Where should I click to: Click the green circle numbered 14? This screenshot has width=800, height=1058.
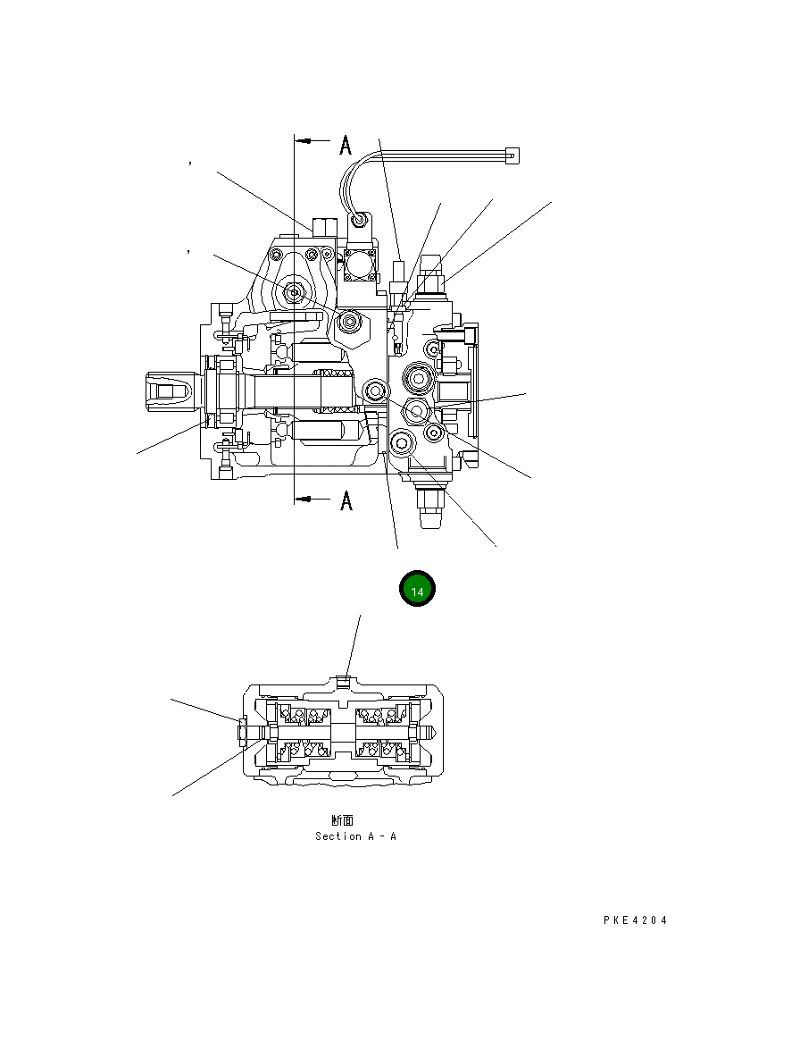point(417,588)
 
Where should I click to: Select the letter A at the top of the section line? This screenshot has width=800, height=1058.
point(346,144)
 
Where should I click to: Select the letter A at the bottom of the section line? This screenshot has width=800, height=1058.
point(346,501)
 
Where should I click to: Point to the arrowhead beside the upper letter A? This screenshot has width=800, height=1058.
point(303,141)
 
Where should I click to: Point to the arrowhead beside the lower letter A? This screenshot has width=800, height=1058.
point(303,500)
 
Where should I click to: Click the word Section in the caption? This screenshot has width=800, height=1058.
point(338,836)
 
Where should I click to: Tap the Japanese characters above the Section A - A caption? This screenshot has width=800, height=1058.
point(342,819)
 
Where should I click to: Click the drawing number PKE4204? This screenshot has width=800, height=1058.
point(635,920)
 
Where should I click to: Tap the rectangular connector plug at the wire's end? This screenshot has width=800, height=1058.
point(511,155)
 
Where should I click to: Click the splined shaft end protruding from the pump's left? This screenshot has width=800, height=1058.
point(166,390)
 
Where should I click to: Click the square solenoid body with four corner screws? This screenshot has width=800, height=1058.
point(360,264)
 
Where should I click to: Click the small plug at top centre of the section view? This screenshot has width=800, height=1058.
point(346,684)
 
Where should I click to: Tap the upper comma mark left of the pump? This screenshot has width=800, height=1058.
point(190,163)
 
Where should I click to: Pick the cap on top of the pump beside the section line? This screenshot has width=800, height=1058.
point(323,225)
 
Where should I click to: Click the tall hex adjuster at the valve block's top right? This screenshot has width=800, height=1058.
point(429,270)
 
